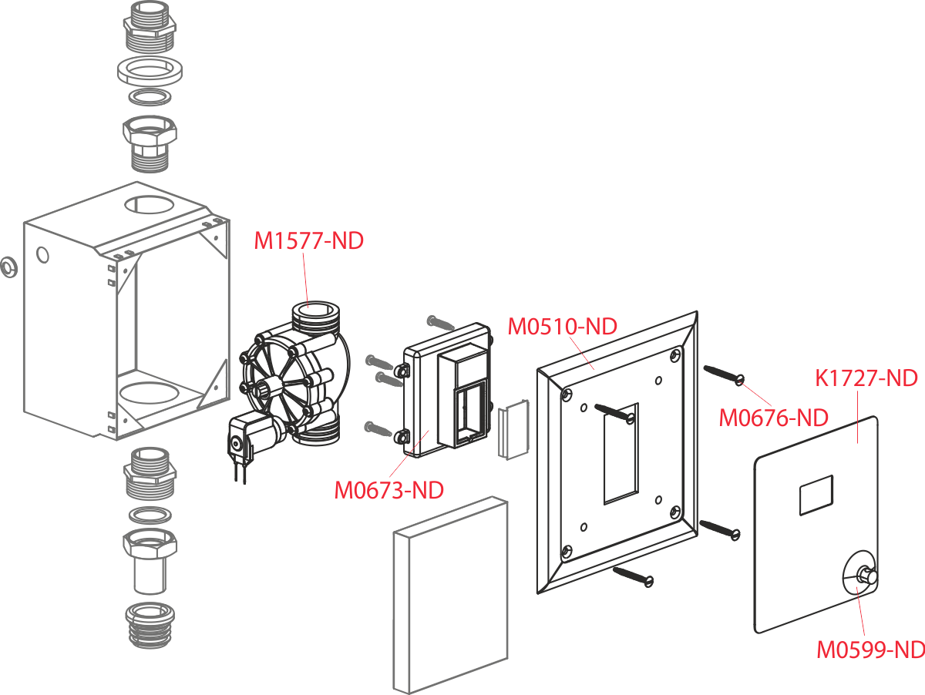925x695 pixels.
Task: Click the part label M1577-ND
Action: click(x=308, y=241)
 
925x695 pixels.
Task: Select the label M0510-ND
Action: click(x=562, y=327)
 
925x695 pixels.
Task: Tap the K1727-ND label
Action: click(x=866, y=379)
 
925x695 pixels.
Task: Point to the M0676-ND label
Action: click(x=773, y=418)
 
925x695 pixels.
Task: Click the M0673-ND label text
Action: click(x=388, y=489)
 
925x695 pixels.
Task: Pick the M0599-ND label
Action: click(x=870, y=650)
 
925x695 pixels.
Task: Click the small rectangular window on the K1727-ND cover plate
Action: click(x=816, y=494)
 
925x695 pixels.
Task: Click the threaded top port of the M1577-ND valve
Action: click(x=314, y=314)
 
